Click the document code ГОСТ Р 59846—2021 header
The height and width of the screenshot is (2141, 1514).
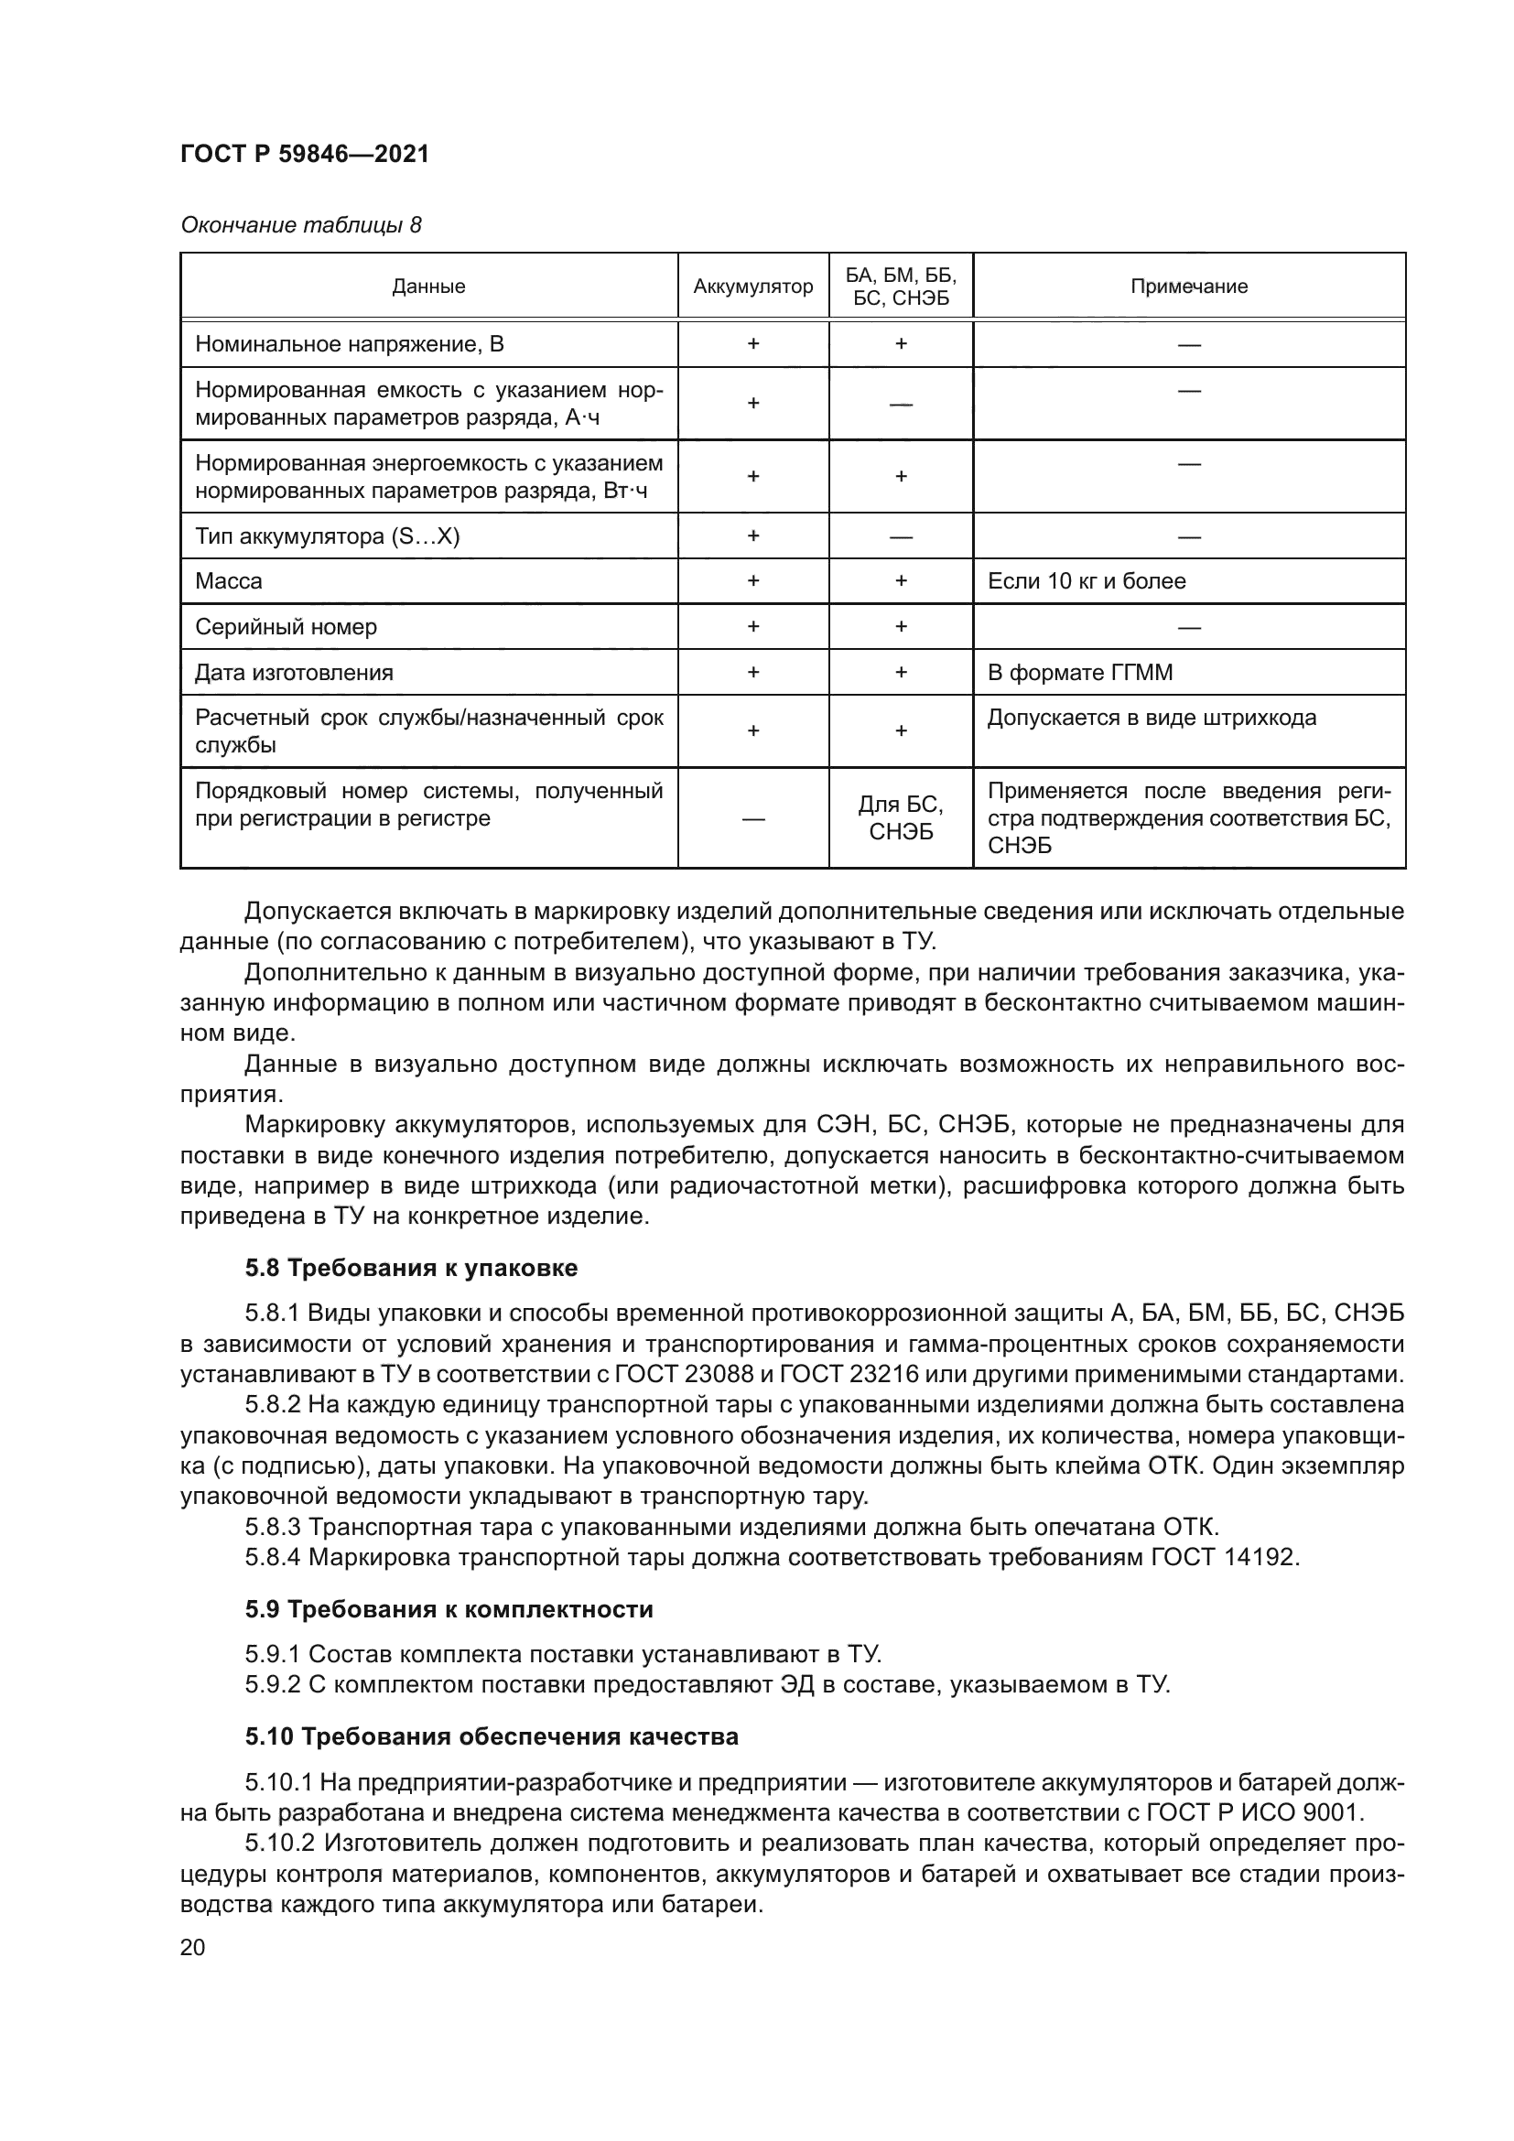click(304, 154)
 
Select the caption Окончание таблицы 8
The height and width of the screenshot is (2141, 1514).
click(300, 225)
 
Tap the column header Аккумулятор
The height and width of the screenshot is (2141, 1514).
click(752, 287)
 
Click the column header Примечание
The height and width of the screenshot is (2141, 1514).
click(1189, 287)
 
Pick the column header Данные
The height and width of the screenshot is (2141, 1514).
click(427, 287)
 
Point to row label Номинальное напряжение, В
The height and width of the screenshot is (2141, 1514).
click(349, 345)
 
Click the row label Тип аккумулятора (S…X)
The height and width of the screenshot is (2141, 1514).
click(327, 536)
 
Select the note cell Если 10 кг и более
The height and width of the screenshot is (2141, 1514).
click(1087, 581)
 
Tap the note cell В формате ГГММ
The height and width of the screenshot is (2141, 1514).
click(1079, 673)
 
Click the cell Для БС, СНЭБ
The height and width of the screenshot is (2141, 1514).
click(901, 817)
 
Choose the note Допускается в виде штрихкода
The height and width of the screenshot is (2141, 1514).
click(1152, 718)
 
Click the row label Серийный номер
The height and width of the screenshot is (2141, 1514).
click(286, 627)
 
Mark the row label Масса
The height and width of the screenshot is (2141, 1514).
click(229, 581)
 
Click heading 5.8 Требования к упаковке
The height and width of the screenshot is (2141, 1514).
click(411, 1268)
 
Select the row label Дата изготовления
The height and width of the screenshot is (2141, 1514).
click(294, 673)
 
